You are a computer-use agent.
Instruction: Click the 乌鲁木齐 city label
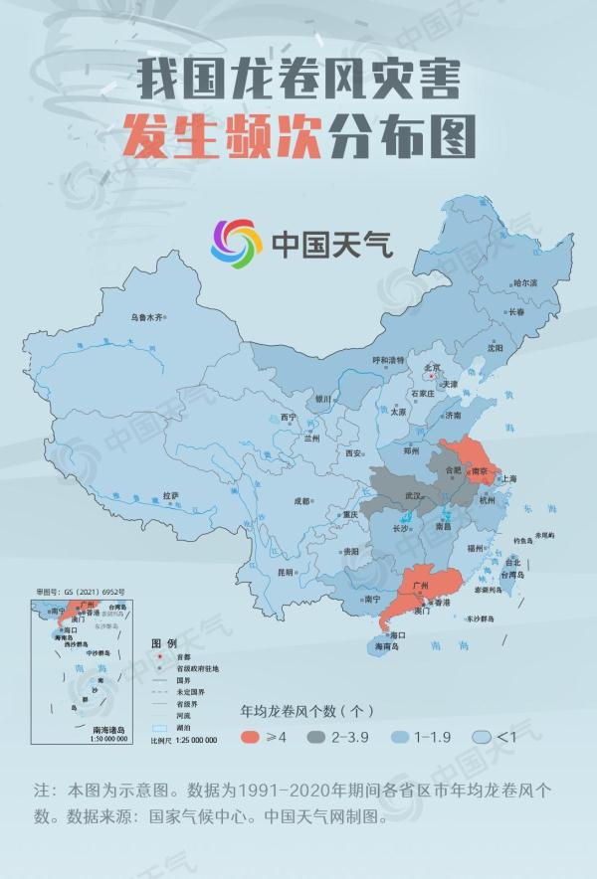pyautogui.click(x=147, y=318)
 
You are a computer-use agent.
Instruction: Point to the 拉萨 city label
pyautogui.click(x=169, y=495)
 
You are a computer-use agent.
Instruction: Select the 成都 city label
pyautogui.click(x=301, y=501)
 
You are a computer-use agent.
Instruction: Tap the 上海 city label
pyautogui.click(x=508, y=478)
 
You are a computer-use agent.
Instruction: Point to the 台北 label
pyautogui.click(x=512, y=562)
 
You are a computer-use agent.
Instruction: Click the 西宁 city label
pyautogui.click(x=289, y=417)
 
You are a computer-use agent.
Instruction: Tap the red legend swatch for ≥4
pyautogui.click(x=256, y=737)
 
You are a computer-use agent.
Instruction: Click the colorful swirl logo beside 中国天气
pyautogui.click(x=236, y=243)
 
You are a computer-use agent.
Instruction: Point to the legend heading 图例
pyautogui.click(x=163, y=642)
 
